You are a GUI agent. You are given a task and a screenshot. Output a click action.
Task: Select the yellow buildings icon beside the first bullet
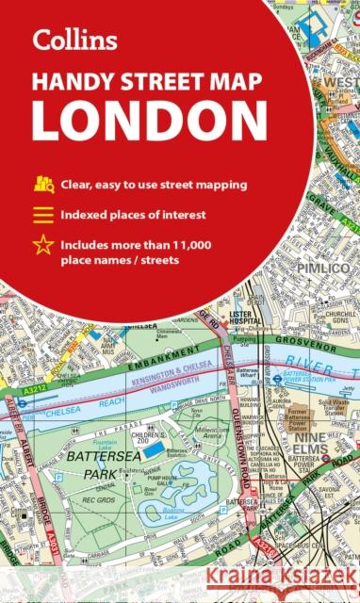pos(44,184)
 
